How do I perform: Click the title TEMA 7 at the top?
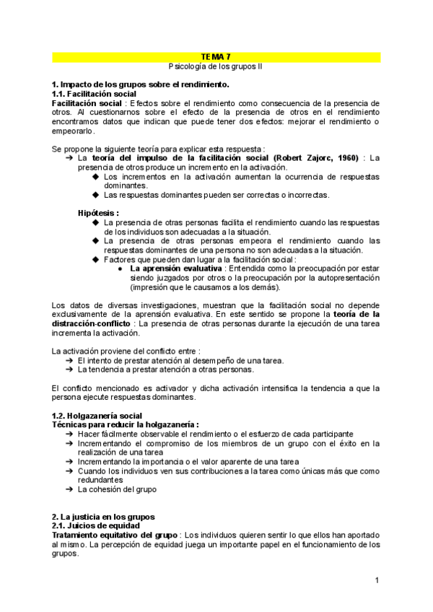(x=216, y=56)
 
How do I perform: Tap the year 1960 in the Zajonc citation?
(x=346, y=157)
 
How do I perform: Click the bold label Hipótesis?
(x=98, y=213)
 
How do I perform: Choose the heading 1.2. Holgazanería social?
(x=99, y=416)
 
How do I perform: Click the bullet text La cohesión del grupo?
(x=116, y=489)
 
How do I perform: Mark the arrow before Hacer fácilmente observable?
(x=69, y=434)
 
